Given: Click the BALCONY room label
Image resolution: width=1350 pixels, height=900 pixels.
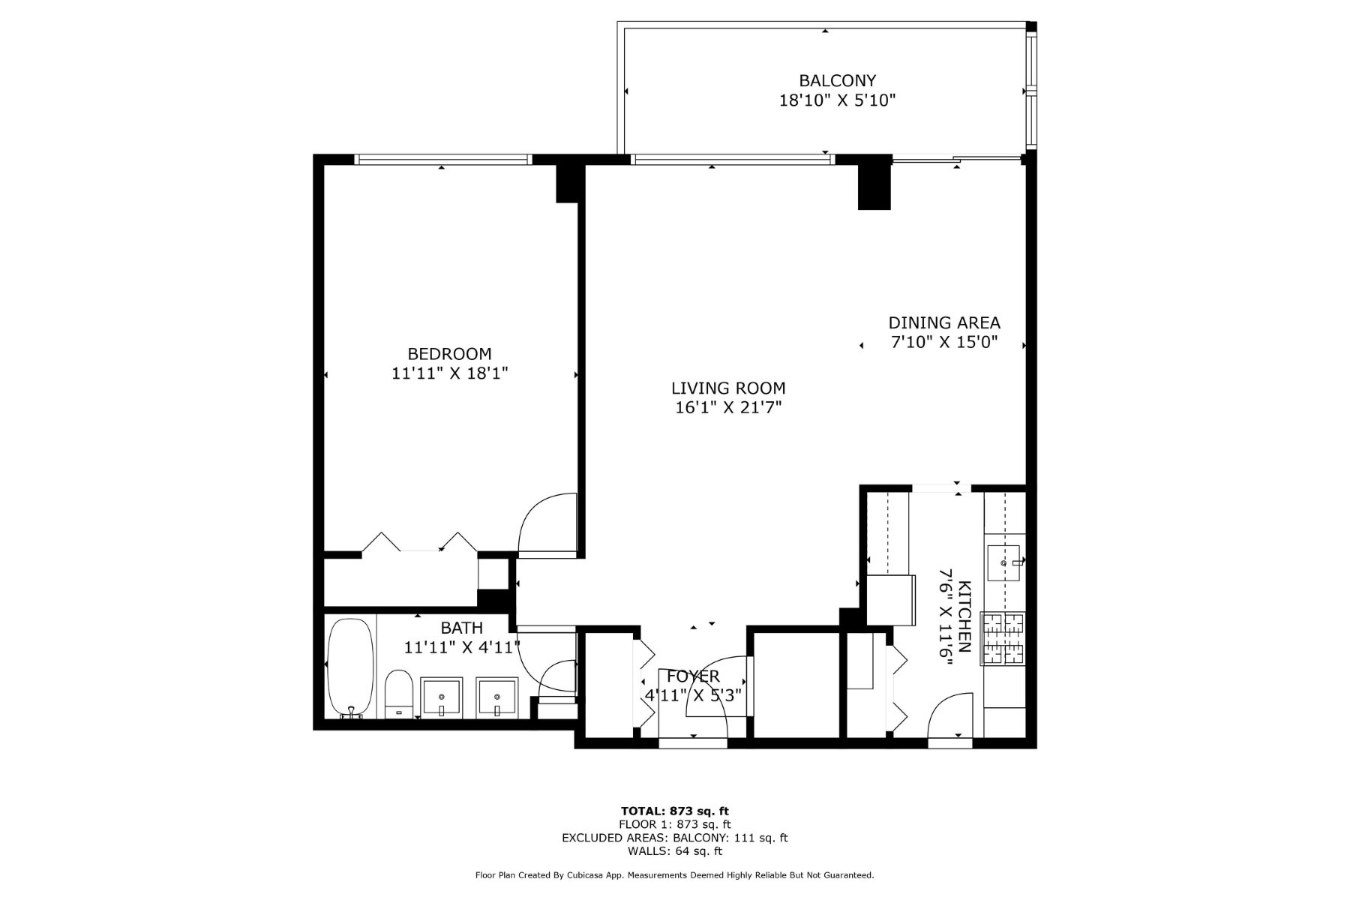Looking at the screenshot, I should tap(837, 80).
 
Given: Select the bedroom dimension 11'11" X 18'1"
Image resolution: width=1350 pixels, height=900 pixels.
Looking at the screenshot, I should tap(449, 373).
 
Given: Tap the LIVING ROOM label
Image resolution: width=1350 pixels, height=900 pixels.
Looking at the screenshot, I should tap(727, 388).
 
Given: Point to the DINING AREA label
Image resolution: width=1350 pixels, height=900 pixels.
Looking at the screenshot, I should tap(943, 322).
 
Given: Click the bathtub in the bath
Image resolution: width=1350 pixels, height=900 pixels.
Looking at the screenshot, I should tap(350, 667).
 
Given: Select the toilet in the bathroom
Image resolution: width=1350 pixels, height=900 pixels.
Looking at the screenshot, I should tap(398, 694).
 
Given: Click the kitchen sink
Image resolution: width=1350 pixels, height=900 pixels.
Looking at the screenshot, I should tap(1003, 562).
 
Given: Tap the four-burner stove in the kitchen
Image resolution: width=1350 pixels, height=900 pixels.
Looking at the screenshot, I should tap(1003, 638).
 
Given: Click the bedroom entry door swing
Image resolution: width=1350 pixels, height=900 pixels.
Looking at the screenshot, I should tap(547, 525).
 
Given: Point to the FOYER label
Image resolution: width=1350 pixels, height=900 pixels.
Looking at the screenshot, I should tap(693, 676).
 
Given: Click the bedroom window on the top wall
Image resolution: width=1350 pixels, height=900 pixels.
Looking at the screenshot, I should tap(442, 159).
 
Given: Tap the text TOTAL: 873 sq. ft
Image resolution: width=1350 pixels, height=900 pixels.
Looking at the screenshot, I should tap(674, 811).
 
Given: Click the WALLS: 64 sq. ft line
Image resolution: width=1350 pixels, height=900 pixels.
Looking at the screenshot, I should tap(674, 851).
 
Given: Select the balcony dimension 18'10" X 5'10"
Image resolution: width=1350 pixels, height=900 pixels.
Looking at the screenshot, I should tap(837, 100).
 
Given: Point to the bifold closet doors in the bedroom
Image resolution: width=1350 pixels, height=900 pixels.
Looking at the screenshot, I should tap(419, 543).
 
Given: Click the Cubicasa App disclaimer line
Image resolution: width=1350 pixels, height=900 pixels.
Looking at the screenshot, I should tap(674, 875).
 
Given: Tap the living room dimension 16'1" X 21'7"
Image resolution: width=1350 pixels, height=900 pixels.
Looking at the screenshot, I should tap(727, 407).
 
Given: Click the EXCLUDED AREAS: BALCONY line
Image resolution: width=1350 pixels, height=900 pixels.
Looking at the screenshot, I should tap(674, 838).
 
